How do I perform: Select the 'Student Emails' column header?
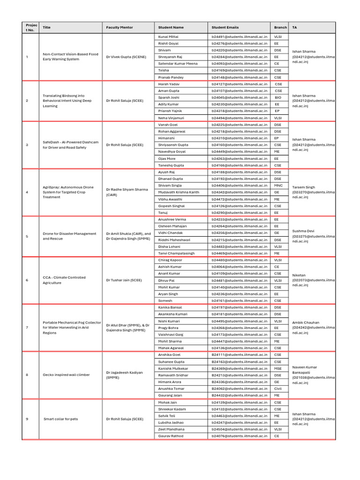pos(225,28)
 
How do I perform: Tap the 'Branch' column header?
pos(280,28)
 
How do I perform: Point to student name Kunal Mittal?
pos(168,37)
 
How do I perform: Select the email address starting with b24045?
pos(239,97)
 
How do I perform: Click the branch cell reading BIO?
pos(278,97)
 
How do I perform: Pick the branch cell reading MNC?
pos(278,186)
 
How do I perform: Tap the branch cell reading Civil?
pos(278,389)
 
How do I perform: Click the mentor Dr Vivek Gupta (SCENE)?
pos(126,57)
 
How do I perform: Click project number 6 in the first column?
pos(27,280)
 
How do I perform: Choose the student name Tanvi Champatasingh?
pos(176,253)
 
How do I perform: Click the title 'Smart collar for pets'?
pos(61,419)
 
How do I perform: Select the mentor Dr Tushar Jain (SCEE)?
pos(124,280)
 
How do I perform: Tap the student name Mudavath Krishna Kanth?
pos(179,192)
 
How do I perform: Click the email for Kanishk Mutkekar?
pos(239,368)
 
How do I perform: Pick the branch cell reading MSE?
pos(278,368)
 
